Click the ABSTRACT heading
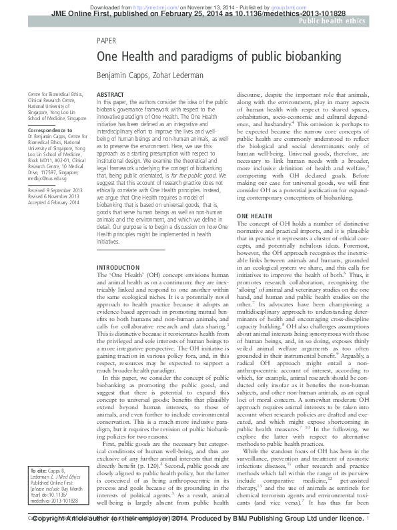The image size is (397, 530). click(111, 95)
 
